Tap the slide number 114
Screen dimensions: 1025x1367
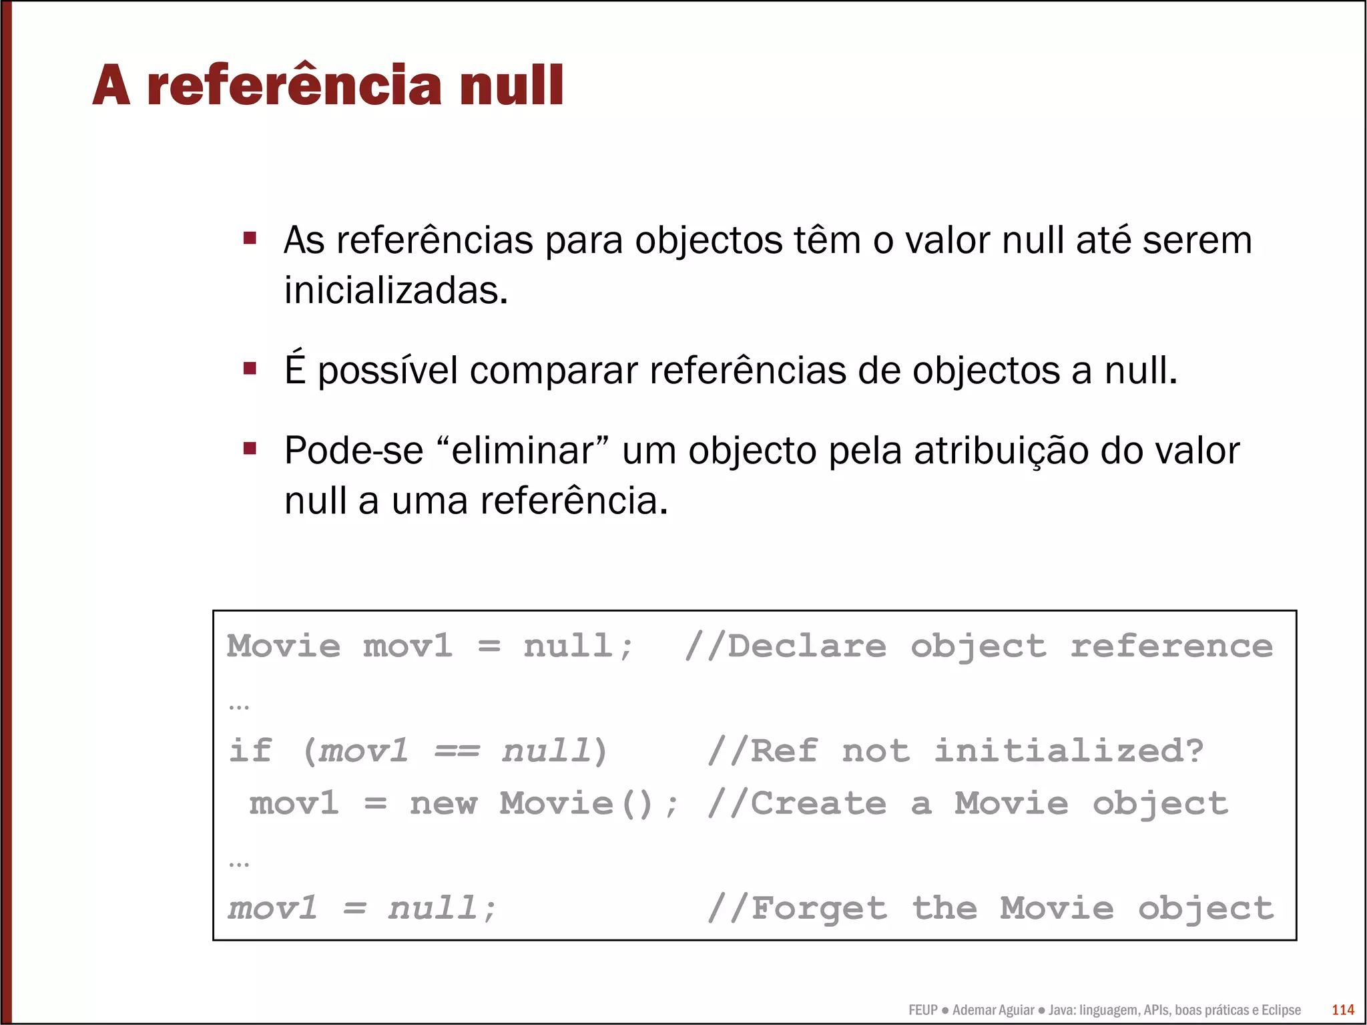point(1342,1010)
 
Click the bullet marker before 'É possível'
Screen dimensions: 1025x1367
point(250,369)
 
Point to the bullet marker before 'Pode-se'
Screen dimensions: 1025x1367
point(250,449)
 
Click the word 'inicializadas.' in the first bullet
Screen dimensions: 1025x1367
point(396,290)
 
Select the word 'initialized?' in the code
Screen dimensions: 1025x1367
point(1069,751)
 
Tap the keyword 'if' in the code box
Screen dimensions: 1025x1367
point(250,751)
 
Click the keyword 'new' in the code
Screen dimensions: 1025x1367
point(443,803)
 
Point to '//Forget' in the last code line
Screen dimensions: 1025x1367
point(797,908)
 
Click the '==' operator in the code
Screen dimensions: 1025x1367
point(457,751)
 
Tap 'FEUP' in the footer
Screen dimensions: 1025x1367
point(923,1010)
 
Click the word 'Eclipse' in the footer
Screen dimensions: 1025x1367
point(1280,1010)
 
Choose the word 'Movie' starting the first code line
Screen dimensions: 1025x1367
point(284,646)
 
